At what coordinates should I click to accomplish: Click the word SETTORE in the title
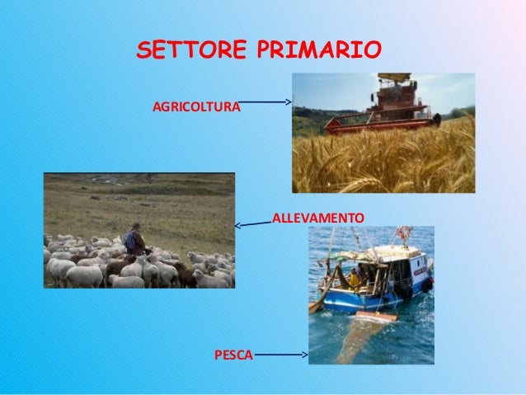tap(190, 49)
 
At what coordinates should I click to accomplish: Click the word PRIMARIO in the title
tap(319, 49)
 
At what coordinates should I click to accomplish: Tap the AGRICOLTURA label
tap(197, 107)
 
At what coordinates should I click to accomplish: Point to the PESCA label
tap(233, 355)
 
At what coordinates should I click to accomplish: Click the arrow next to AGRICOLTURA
tap(265, 102)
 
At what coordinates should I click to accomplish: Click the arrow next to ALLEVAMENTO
tap(252, 223)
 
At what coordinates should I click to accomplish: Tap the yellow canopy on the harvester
tap(393, 77)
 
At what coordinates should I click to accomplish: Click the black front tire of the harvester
tap(436, 120)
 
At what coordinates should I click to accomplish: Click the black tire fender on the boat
tap(406, 291)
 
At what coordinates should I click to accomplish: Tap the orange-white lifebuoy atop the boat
tap(403, 233)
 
